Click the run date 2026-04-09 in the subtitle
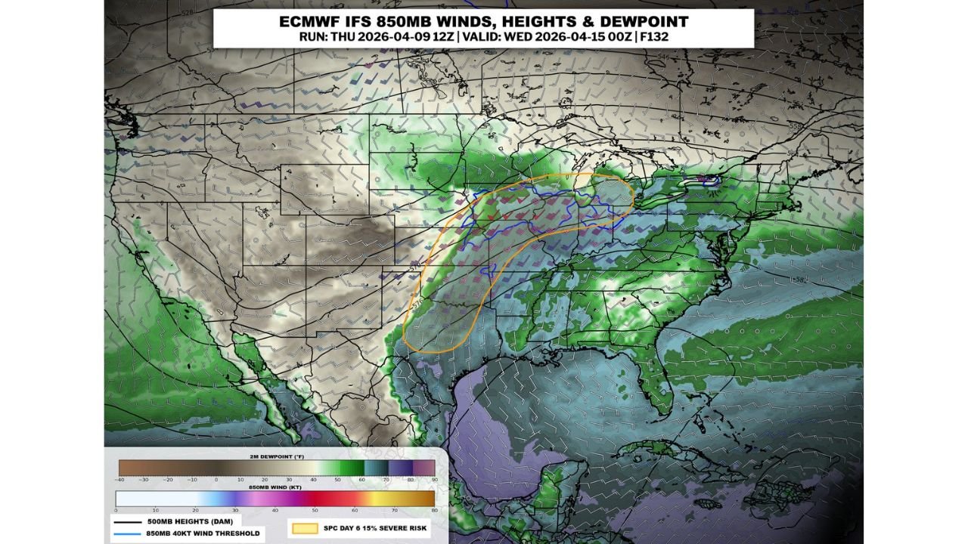(x=388, y=36)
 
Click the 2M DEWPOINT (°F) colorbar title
(x=276, y=458)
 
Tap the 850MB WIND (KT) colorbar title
(x=275, y=488)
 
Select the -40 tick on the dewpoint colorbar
(x=119, y=480)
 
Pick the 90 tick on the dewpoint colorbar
(x=433, y=480)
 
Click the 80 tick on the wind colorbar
(x=433, y=510)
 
